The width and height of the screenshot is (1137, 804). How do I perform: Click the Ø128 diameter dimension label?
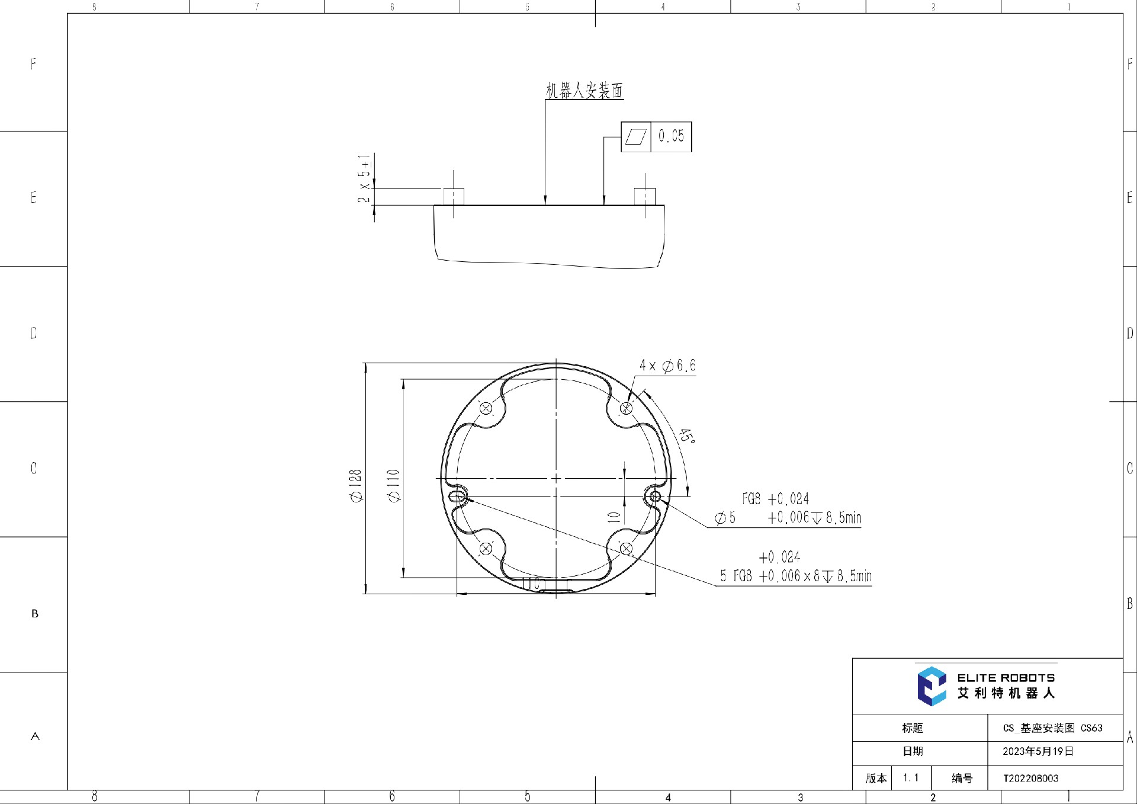[355, 486]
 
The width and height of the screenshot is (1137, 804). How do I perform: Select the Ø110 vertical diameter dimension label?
[394, 486]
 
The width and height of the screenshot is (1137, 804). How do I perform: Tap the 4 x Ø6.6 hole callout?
[667, 366]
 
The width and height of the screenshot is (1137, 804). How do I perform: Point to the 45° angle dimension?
[686, 436]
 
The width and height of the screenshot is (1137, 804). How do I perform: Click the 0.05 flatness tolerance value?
[671, 136]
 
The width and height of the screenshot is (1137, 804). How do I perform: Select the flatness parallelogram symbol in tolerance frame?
[636, 137]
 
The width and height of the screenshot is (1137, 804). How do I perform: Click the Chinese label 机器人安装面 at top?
[584, 91]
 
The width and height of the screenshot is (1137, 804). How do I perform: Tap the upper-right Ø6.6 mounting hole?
[626, 408]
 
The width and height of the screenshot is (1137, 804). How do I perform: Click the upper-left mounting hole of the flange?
[486, 408]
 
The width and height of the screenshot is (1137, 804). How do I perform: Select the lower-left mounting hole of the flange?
[486, 549]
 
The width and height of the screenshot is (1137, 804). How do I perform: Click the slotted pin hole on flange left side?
[458, 496]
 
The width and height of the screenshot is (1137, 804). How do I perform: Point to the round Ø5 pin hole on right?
[655, 497]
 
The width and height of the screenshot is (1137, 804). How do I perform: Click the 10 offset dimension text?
[615, 517]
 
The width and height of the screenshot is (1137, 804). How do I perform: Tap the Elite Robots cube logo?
[932, 686]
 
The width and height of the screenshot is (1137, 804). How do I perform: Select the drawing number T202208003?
[1030, 778]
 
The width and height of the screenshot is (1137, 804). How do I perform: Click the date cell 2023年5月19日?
[1038, 751]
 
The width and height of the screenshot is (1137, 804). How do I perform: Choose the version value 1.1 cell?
[911, 777]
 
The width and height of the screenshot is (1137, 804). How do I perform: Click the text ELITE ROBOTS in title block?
[1006, 678]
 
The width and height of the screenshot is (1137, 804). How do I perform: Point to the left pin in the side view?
[454, 196]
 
